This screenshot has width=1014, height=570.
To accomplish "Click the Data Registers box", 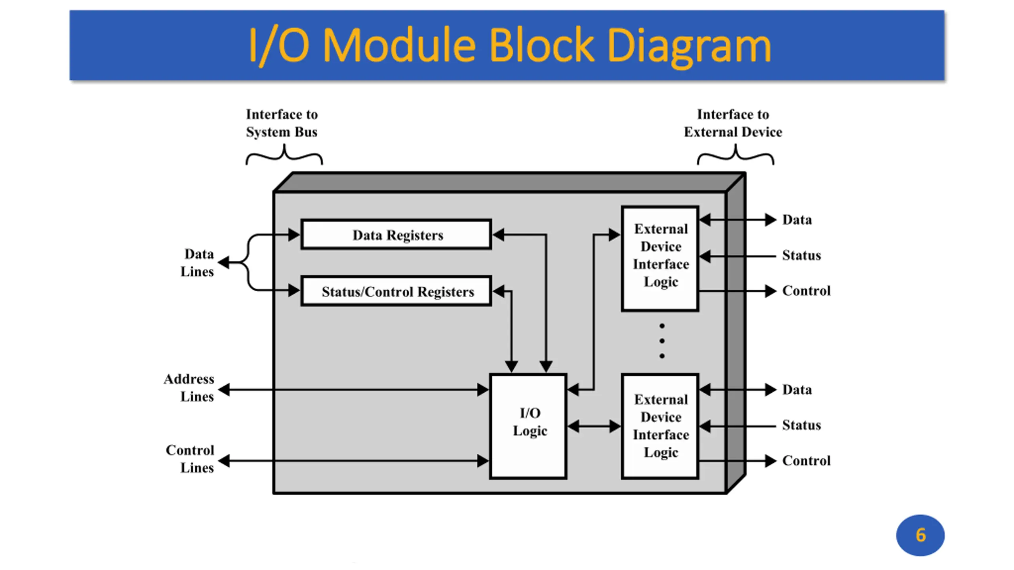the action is [x=396, y=234].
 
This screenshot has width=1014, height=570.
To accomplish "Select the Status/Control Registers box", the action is [x=396, y=291].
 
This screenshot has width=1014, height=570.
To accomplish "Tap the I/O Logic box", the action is [x=528, y=426].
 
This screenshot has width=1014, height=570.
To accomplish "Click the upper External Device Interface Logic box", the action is [x=660, y=258].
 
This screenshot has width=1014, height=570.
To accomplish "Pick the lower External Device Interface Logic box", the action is [x=660, y=426].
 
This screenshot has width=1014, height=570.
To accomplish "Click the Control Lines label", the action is [x=190, y=459].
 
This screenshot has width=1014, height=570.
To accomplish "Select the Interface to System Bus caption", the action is [x=282, y=123].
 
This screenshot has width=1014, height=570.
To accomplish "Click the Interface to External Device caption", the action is [x=733, y=123].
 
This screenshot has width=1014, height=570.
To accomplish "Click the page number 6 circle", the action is [x=920, y=535].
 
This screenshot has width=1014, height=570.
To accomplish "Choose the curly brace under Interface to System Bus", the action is [x=284, y=156].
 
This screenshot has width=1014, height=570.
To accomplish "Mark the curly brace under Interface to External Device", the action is [x=736, y=156].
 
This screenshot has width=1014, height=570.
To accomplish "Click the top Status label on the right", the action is [x=801, y=255].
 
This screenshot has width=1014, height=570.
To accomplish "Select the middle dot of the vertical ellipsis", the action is [x=662, y=341].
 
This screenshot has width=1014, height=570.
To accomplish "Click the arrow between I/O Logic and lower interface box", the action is [x=594, y=426].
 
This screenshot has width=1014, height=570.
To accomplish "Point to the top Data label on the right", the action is [x=797, y=220].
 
